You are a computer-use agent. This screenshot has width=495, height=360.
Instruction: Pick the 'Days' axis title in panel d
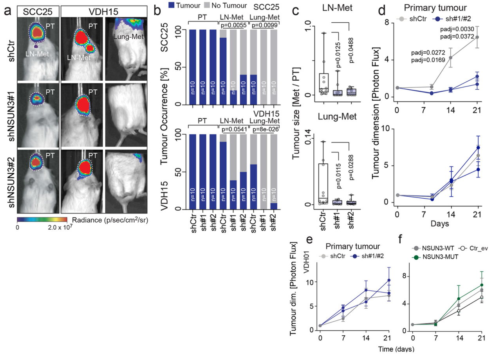[437, 224]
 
